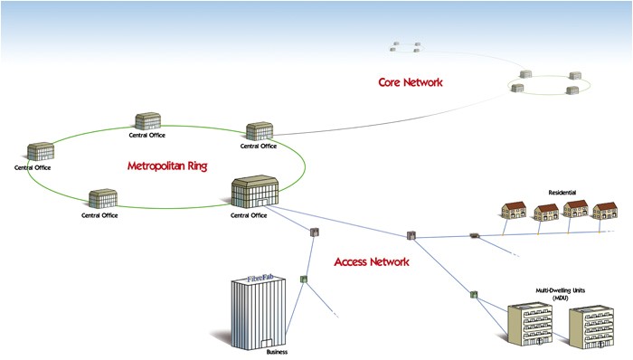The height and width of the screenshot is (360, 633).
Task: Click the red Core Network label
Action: (410, 82)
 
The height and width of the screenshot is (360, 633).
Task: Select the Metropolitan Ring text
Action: (166, 166)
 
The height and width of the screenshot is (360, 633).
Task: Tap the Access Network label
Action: (372, 261)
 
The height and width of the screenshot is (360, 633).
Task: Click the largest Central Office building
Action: (250, 193)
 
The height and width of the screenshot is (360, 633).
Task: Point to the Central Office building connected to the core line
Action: (259, 132)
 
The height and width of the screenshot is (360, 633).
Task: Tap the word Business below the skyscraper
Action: (276, 352)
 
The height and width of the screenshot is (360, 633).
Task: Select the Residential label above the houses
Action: (562, 193)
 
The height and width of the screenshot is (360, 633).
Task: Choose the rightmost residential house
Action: (603, 212)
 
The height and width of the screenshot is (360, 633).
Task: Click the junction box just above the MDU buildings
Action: (473, 294)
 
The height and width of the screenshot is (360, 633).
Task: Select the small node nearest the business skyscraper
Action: (304, 279)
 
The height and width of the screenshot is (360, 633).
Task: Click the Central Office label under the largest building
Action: (249, 215)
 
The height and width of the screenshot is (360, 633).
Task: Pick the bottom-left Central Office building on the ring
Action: (102, 198)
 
